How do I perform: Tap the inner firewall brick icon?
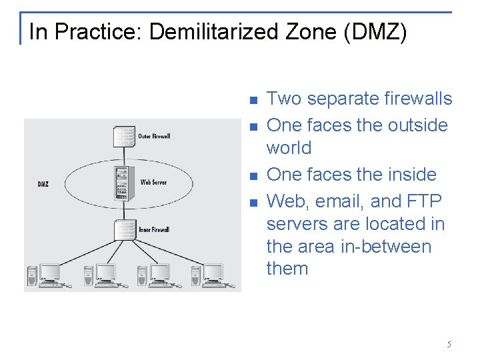[124, 229]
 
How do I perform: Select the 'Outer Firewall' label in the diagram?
[154, 137]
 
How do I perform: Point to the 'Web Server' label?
[153, 182]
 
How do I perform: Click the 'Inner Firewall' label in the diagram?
[154, 230]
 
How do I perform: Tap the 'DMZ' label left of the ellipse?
[43, 184]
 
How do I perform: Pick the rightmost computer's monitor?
[213, 272]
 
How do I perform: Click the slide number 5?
[449, 345]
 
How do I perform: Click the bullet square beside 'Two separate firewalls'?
[253, 101]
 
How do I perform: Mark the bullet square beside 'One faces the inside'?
[253, 177]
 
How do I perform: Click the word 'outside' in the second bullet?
[414, 125]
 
